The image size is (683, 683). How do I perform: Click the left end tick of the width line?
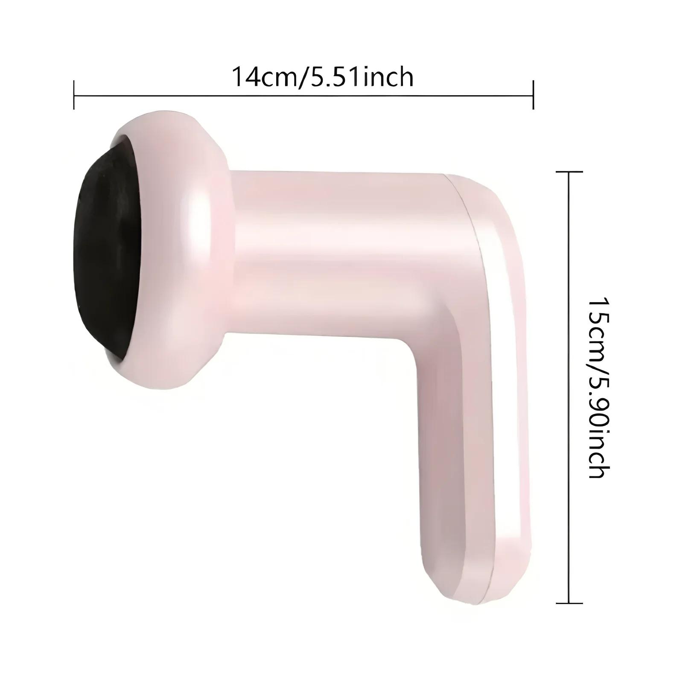point(74,95)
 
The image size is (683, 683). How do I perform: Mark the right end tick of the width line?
point(533,95)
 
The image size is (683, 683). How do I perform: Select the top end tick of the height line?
point(569,171)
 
